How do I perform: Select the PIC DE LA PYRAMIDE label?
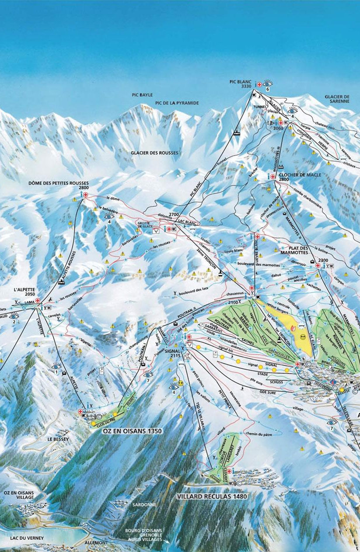tap(177, 103)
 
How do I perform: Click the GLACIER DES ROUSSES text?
tap(154, 153)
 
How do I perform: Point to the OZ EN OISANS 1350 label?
tap(132, 431)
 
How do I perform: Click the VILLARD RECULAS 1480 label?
tap(212, 496)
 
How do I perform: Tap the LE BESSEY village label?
tap(56, 438)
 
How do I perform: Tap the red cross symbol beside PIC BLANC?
tap(259, 83)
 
